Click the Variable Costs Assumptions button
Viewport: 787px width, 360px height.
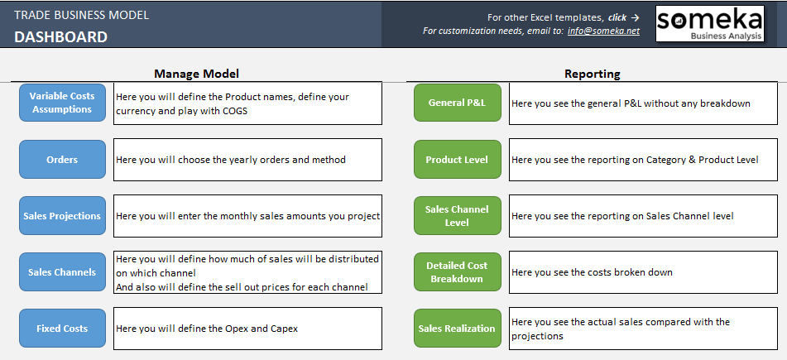[62, 103]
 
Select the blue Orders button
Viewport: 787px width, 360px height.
[62, 160]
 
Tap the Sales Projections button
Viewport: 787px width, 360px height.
[62, 216]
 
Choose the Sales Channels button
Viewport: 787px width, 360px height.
[62, 272]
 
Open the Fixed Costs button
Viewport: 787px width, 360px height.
[62, 329]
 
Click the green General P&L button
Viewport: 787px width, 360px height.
[458, 103]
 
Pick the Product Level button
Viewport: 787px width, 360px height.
[458, 160]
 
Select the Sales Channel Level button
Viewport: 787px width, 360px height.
[458, 216]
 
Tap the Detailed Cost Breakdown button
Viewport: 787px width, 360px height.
[458, 272]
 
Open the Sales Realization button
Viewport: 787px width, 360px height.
[458, 329]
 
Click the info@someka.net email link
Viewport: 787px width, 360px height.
[604, 31]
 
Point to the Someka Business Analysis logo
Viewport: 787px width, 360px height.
[710, 24]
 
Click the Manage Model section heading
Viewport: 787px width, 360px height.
[196, 74]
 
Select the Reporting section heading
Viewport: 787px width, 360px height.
[593, 74]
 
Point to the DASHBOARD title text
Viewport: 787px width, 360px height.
[60, 36]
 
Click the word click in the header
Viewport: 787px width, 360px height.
[617, 17]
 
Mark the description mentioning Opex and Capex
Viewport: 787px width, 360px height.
[207, 329]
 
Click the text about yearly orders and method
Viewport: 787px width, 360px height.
[231, 161]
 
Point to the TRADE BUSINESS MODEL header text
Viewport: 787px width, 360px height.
[81, 15]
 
